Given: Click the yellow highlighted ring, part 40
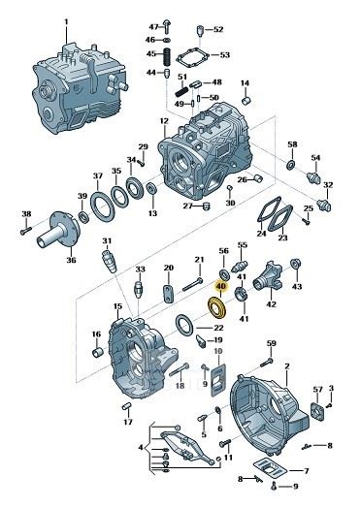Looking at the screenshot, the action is pos(216,312).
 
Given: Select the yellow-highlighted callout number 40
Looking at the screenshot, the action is pos(221,286).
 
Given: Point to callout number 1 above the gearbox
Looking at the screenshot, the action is pos(67,21).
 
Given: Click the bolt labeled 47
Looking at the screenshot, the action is pos(166,26).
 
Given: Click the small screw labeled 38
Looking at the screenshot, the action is pos(26,231).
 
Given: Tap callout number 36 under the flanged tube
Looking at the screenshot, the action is pos(72,260).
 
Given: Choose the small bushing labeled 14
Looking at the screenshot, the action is pos(246,101).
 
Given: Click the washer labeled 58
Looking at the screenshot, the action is pos(290,164).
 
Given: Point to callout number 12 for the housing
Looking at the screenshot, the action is pos(164,121).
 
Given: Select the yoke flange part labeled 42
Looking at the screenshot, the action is pos(268,279).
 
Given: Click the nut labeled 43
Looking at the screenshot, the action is pos(295,263).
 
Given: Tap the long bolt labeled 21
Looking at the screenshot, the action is pos(193,284).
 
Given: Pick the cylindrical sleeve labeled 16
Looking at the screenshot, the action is pos(97,352).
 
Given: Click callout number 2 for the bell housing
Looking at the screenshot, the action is pos(286,366).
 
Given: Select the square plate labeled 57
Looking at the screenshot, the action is pos(317,412).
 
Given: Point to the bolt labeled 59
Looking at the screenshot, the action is pos(266,363).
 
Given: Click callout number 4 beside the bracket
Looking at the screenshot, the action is pos(141,448).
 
